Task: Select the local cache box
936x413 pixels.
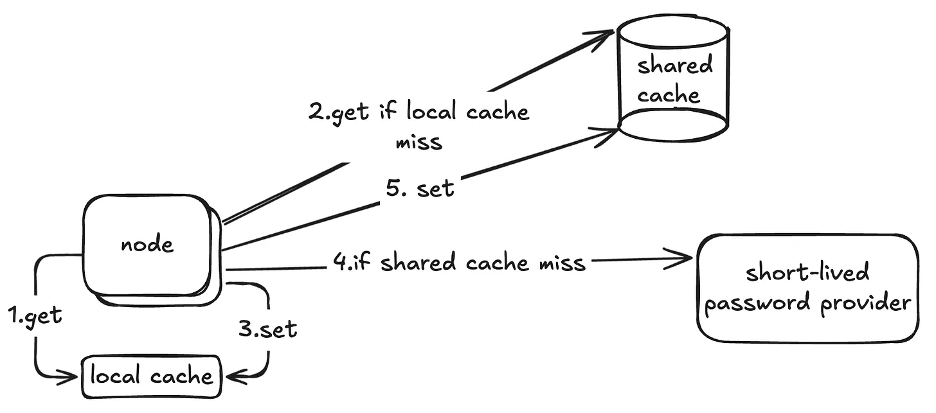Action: point(150,376)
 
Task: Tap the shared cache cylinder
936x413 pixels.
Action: point(672,80)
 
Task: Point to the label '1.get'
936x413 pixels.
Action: point(35,315)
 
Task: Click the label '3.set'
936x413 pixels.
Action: point(268,329)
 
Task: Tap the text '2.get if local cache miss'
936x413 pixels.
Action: point(419,126)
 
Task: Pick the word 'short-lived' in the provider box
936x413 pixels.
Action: point(807,272)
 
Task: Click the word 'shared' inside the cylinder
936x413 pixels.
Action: point(675,66)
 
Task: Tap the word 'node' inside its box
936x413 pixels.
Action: point(148,244)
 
